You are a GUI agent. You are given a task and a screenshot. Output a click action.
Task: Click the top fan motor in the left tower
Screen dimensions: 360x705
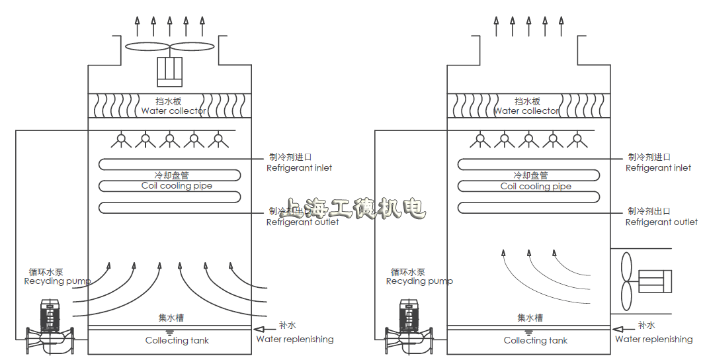(169, 71)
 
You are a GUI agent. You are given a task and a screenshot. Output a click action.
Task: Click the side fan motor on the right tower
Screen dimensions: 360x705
(654, 282)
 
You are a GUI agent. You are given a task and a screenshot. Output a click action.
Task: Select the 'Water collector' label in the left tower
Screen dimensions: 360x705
(173, 111)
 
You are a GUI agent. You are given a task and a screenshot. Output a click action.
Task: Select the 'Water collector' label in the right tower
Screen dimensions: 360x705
(526, 111)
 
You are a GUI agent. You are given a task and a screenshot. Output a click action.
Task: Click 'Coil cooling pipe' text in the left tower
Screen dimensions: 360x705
(177, 186)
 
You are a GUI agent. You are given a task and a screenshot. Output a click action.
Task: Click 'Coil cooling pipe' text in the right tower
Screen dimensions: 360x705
(536, 187)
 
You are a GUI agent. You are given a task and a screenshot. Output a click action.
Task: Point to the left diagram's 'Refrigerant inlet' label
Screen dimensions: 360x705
(299, 168)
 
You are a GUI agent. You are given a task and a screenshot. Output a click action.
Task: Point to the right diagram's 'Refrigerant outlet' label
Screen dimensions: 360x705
(661, 222)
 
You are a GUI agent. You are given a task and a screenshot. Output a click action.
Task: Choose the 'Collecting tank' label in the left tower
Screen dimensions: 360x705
(177, 341)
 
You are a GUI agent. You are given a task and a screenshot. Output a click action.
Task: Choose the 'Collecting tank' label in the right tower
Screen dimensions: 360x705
(536, 341)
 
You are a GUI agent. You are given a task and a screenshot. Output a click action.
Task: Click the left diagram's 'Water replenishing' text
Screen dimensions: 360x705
(295, 339)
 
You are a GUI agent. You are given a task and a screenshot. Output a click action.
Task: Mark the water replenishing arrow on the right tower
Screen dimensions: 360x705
(622, 329)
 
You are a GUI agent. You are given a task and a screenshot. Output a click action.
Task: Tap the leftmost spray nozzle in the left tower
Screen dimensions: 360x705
(120, 140)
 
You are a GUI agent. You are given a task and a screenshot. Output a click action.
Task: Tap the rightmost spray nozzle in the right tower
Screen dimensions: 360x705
(577, 140)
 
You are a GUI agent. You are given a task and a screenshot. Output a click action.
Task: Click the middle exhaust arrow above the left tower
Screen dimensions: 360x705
(169, 26)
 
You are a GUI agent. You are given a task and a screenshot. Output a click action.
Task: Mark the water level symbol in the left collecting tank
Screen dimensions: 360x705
(169, 332)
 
